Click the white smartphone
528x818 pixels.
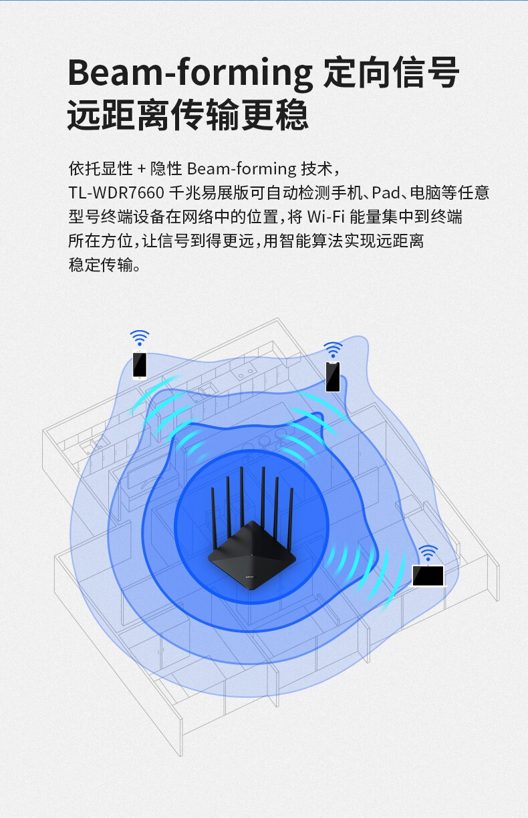point(140,364)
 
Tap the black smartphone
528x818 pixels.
point(333,377)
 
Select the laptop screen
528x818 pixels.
point(428,575)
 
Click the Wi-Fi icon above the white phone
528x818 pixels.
point(140,337)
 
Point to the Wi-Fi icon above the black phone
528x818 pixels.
point(333,350)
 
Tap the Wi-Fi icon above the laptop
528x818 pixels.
point(428,553)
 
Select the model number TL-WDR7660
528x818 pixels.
point(116,193)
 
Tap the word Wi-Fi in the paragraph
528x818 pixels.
point(325,217)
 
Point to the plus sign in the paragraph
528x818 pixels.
point(141,169)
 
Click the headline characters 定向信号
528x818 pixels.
point(391,72)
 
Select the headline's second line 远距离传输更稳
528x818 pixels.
point(188,115)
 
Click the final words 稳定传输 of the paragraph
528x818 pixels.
point(100,265)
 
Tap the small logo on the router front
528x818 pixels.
point(250,577)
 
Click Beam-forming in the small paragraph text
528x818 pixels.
point(241,169)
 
